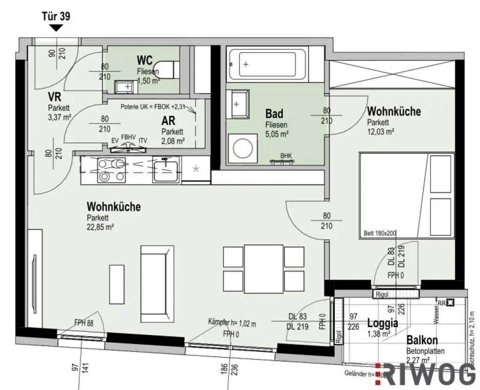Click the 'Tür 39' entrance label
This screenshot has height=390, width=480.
click(57, 16)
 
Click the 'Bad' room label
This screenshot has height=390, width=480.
click(274, 114)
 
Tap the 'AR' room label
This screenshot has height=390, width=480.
click(170, 121)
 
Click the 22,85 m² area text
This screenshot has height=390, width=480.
click(101, 226)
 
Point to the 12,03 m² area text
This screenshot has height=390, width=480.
click(380, 132)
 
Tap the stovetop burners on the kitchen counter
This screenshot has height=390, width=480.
click(111, 170)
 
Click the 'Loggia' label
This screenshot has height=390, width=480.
click(382, 323)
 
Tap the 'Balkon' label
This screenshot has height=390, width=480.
click(422, 341)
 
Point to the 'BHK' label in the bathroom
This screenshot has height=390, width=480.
click(285, 155)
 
